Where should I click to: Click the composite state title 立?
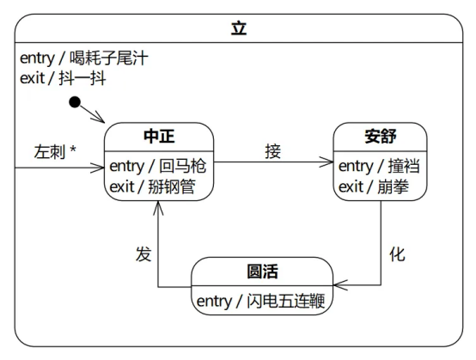pyautogui.click(x=239, y=28)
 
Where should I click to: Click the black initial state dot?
pyautogui.click(x=75, y=102)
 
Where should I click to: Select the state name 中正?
pyautogui.click(x=159, y=137)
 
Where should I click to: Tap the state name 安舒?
pyautogui.click(x=381, y=137)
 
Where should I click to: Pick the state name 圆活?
pyautogui.click(x=262, y=271)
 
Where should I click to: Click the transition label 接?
pyautogui.click(x=272, y=151)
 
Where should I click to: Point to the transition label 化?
pyautogui.click(x=397, y=254)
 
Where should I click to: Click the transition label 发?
pyautogui.click(x=143, y=254)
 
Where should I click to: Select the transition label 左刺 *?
pyautogui.click(x=55, y=151)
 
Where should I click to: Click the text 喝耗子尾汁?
pyautogui.click(x=109, y=58)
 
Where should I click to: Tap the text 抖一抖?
pyautogui.click(x=82, y=78)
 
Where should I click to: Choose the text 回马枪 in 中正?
pyautogui.click(x=183, y=167)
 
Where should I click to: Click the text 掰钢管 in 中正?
pyautogui.click(x=172, y=186)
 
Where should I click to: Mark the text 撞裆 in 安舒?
pyautogui.click(x=404, y=167)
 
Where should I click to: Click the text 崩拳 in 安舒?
pyautogui.click(x=394, y=186)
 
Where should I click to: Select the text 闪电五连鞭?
pyautogui.click(x=285, y=301)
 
